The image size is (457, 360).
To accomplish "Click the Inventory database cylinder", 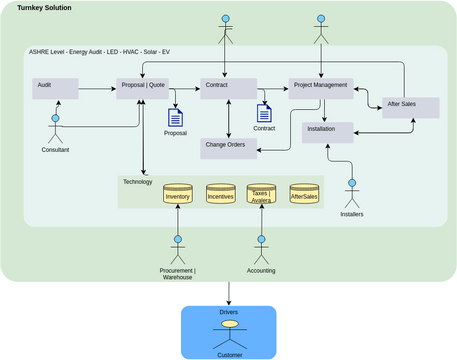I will (x=177, y=193).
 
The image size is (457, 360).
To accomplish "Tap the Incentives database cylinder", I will (x=220, y=193).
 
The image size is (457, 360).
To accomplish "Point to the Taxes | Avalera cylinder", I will (x=261, y=193).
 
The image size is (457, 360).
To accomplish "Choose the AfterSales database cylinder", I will (x=304, y=193).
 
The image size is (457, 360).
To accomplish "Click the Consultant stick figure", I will (x=55, y=130).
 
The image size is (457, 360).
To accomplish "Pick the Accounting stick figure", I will (x=262, y=250).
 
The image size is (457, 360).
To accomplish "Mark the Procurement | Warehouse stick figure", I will (x=178, y=250).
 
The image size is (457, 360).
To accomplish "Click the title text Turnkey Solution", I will (x=44, y=8).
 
